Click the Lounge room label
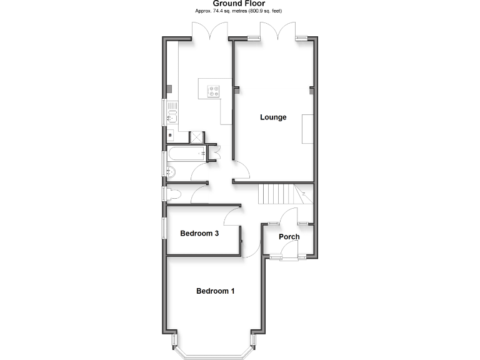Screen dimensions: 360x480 coord(273,117)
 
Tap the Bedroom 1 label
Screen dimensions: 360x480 coord(216,291)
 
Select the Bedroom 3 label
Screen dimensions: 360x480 coord(199,234)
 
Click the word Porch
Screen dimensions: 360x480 coord(289,237)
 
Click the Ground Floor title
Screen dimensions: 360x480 coord(240,3)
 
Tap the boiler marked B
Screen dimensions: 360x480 coord(170,134)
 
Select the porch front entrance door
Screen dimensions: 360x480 coord(289,250)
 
